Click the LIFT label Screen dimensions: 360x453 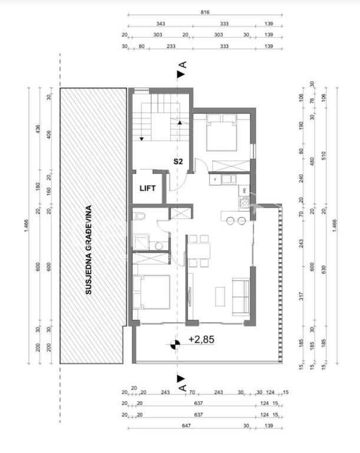point(147,188)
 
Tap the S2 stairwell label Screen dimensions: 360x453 point(178,161)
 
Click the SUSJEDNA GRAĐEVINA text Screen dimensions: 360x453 point(88,250)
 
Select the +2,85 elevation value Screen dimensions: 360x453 point(202,339)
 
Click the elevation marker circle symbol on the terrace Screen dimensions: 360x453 point(175,344)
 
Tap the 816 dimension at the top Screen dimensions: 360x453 point(204,12)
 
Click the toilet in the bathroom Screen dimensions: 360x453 point(140,215)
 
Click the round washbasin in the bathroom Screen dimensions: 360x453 point(158,246)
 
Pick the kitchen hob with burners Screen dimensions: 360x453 point(245,202)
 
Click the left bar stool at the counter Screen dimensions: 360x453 point(230,221)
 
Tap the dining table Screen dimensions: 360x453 point(199,251)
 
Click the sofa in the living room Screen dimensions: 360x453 point(241,297)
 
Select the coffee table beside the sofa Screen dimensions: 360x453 point(220,297)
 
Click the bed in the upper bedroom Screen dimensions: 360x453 point(222,132)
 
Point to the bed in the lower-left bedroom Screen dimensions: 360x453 point(151,292)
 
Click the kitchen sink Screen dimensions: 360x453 point(229,179)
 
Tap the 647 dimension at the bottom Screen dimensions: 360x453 point(186,425)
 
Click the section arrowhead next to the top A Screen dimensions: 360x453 point(181,74)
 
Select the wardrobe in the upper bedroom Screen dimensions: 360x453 point(231,166)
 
